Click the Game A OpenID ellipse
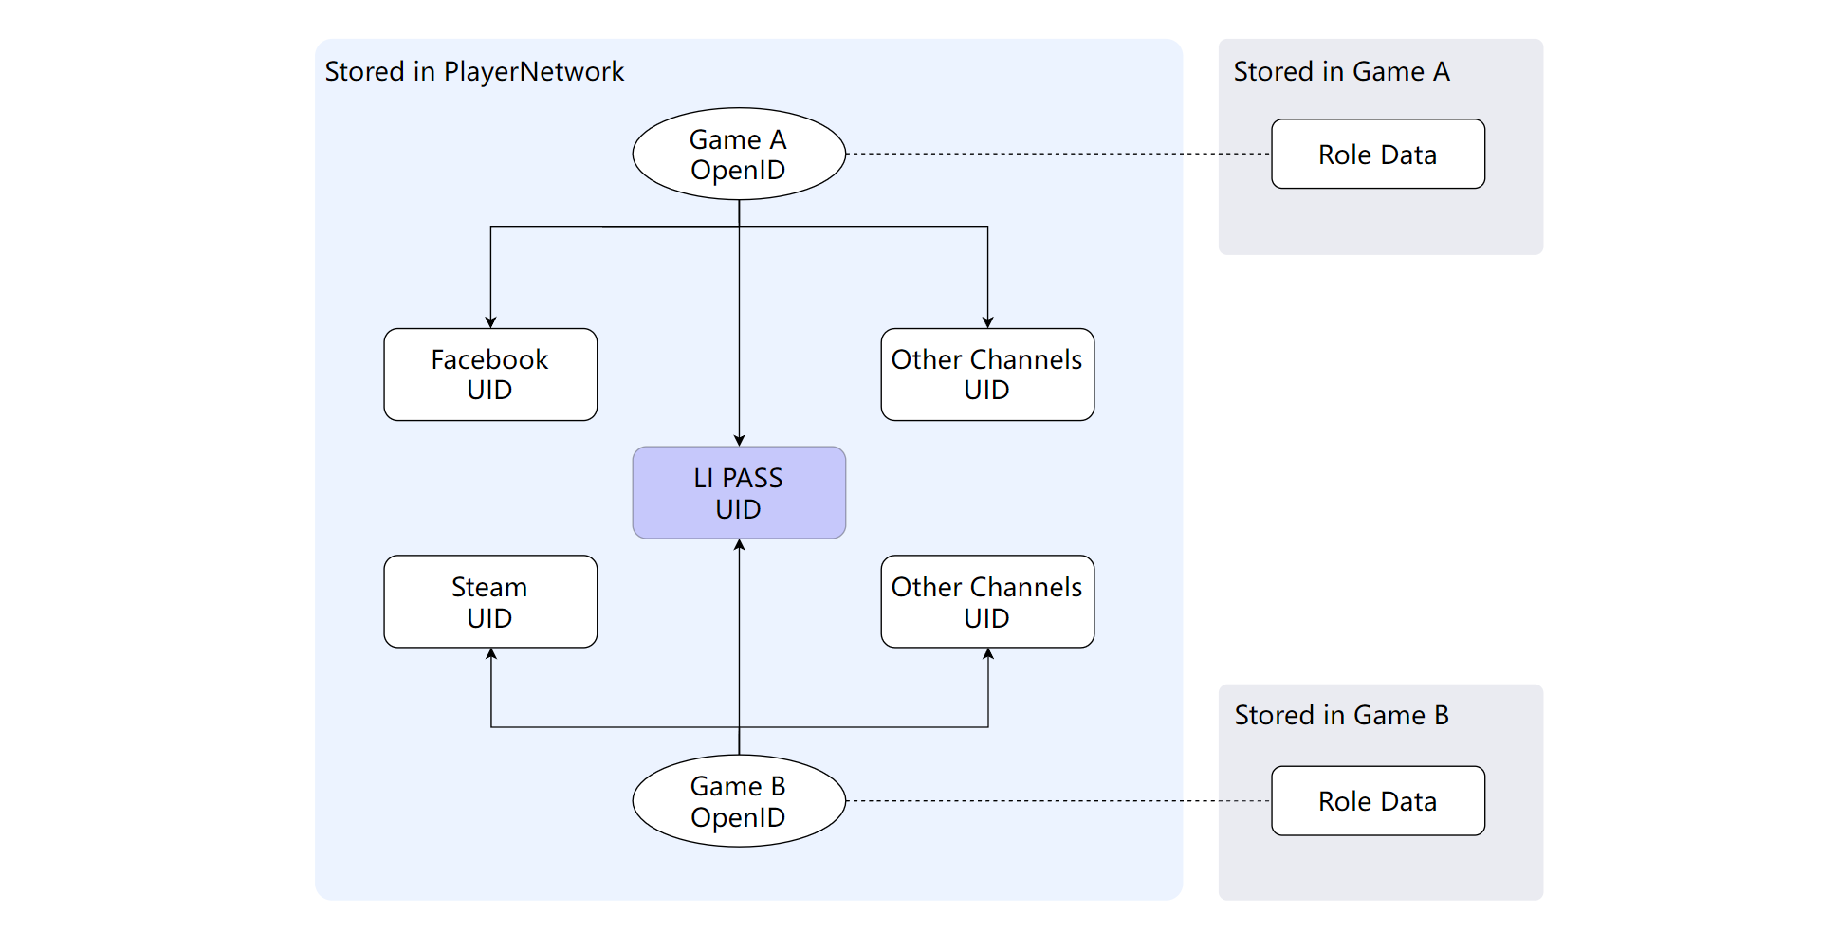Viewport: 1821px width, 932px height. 739,154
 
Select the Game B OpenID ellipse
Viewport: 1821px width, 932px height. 739,801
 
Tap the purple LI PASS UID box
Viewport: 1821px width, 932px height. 739,493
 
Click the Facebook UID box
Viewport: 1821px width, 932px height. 490,375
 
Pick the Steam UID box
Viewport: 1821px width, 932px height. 490,602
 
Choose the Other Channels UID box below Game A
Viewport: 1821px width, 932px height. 987,375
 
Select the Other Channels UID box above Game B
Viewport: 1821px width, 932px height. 987,602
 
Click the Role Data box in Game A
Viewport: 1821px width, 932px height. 1378,154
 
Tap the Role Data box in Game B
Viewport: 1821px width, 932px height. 1378,801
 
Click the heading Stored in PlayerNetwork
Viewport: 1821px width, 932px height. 474,72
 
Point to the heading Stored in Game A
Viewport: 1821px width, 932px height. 1341,72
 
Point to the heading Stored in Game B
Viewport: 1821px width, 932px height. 1341,716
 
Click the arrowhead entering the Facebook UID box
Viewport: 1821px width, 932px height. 490,322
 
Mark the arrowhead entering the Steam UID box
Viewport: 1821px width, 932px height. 491,654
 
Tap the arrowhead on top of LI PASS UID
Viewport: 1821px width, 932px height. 739,440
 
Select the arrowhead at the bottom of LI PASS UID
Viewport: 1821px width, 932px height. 739,545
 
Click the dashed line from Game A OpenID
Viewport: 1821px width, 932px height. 1058,154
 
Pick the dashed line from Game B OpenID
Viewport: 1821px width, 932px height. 1058,801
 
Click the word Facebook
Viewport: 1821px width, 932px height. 489,360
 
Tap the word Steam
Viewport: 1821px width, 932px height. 489,588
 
